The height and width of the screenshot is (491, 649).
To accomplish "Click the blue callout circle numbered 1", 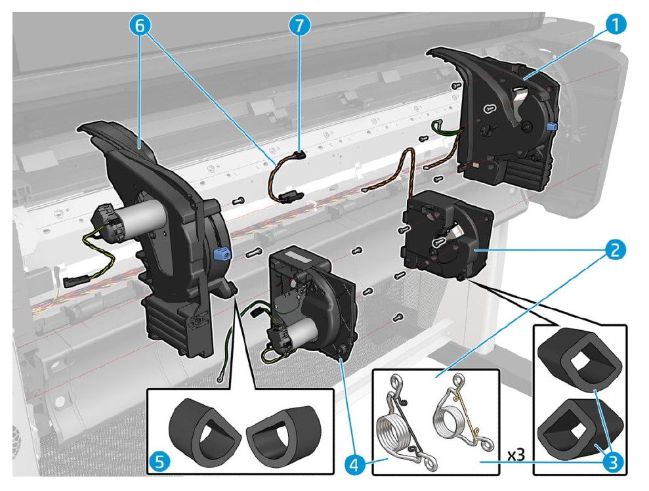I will (614, 26).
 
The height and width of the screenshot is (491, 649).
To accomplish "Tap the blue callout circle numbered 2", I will (614, 249).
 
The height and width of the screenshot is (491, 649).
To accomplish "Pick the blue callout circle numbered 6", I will (142, 26).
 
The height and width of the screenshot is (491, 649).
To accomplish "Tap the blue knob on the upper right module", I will (551, 125).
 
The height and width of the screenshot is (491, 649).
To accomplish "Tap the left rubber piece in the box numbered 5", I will (199, 429).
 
